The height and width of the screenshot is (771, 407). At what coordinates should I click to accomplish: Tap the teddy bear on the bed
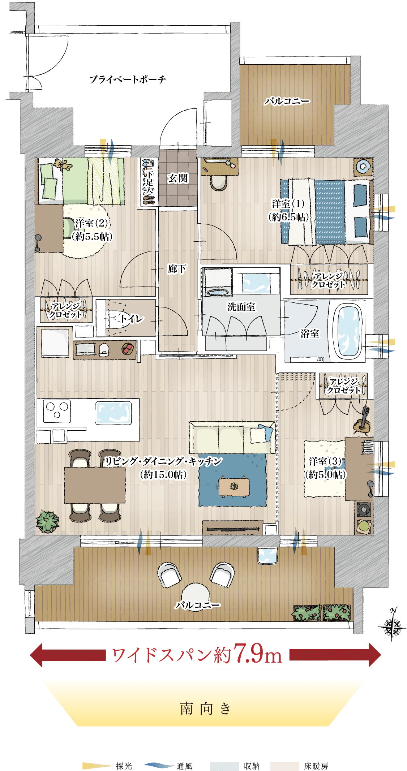(x=63, y=165)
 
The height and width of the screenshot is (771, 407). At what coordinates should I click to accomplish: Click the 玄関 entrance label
(x=178, y=178)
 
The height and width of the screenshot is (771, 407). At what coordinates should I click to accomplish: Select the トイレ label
(x=132, y=318)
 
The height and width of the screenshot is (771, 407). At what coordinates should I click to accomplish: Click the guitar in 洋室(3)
(x=363, y=421)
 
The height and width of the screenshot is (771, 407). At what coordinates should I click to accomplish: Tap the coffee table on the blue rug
(x=234, y=486)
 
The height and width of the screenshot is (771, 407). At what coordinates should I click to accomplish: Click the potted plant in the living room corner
(x=47, y=521)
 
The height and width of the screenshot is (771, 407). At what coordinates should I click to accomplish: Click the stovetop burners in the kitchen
(x=57, y=411)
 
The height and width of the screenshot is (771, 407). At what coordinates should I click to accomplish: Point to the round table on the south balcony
(x=196, y=596)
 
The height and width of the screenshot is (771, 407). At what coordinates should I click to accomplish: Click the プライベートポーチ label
(x=128, y=79)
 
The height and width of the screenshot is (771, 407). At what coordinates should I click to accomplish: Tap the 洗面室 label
(x=241, y=307)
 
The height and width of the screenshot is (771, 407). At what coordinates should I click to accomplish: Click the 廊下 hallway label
(x=177, y=269)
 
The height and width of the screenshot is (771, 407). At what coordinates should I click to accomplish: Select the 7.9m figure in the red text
(x=258, y=654)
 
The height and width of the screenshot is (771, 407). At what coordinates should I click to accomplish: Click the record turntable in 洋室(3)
(x=363, y=510)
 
